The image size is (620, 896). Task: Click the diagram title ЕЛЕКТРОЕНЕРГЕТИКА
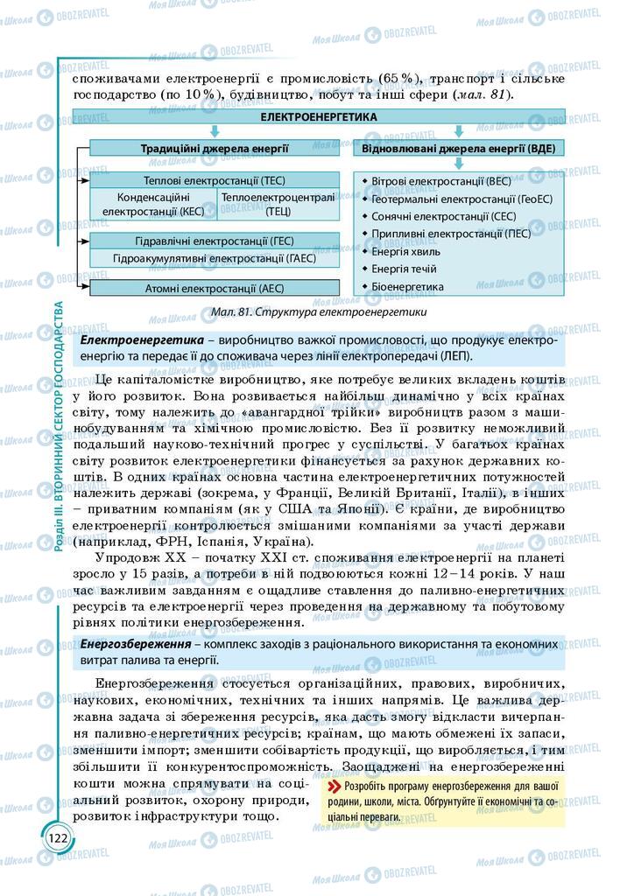point(319,116)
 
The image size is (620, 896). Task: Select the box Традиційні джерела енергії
point(215,148)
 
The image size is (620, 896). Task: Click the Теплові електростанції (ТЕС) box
point(215,180)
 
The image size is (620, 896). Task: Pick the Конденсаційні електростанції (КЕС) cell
point(153,204)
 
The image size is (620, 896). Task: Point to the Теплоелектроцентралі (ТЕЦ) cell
point(278,204)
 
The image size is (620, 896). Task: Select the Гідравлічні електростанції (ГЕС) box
point(215,241)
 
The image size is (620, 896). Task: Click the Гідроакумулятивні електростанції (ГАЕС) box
point(215,258)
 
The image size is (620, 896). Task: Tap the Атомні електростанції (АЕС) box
point(215,288)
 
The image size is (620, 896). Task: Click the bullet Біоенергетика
point(407,286)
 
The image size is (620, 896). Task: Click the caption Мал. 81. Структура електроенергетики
point(319,311)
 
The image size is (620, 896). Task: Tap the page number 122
point(58,837)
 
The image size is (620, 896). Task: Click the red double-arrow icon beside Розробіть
point(334,786)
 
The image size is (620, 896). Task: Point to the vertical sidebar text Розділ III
point(59,525)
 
